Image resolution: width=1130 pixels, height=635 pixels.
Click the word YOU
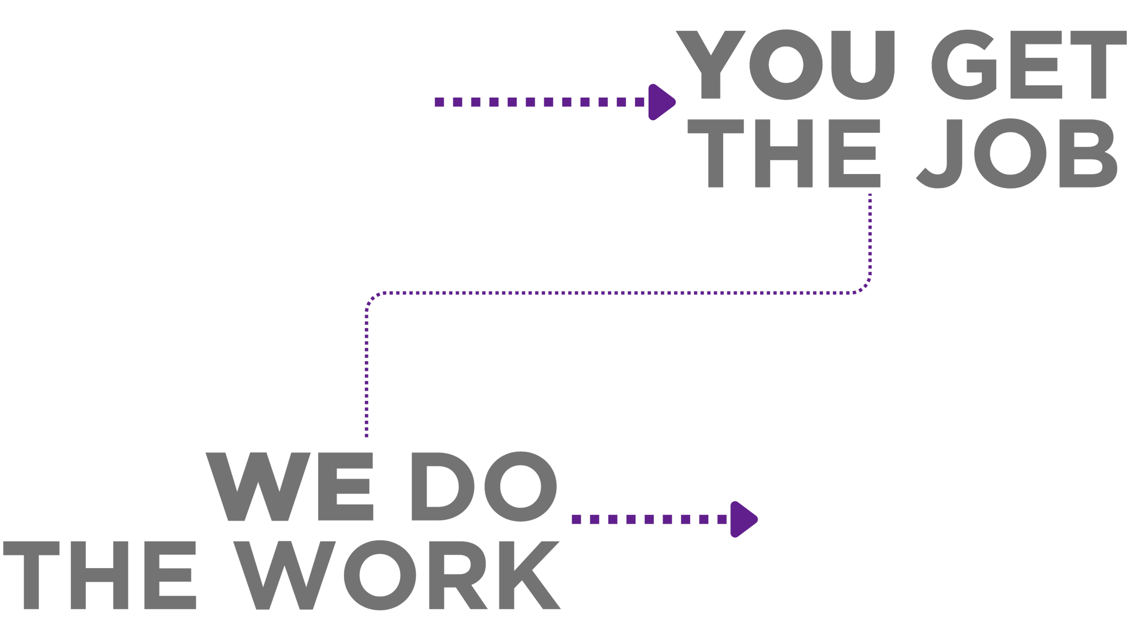pos(786,64)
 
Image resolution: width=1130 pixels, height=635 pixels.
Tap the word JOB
pos(1017,153)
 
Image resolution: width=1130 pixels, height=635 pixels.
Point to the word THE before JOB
pos(784,153)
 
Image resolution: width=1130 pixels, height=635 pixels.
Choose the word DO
pos(484,487)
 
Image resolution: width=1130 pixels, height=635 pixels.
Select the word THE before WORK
pos(99,575)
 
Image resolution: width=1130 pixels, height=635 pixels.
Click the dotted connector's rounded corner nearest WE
pos(372,299)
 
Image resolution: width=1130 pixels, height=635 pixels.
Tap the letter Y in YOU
pos(711,64)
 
